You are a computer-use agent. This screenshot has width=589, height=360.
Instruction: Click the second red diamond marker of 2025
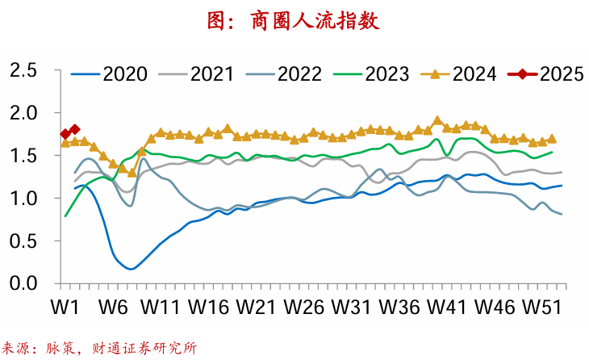click(75, 129)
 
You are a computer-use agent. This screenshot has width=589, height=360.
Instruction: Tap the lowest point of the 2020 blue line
click(131, 268)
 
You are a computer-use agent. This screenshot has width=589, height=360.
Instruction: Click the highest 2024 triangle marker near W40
click(437, 120)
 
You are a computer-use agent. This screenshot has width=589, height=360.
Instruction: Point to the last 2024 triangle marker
click(552, 139)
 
